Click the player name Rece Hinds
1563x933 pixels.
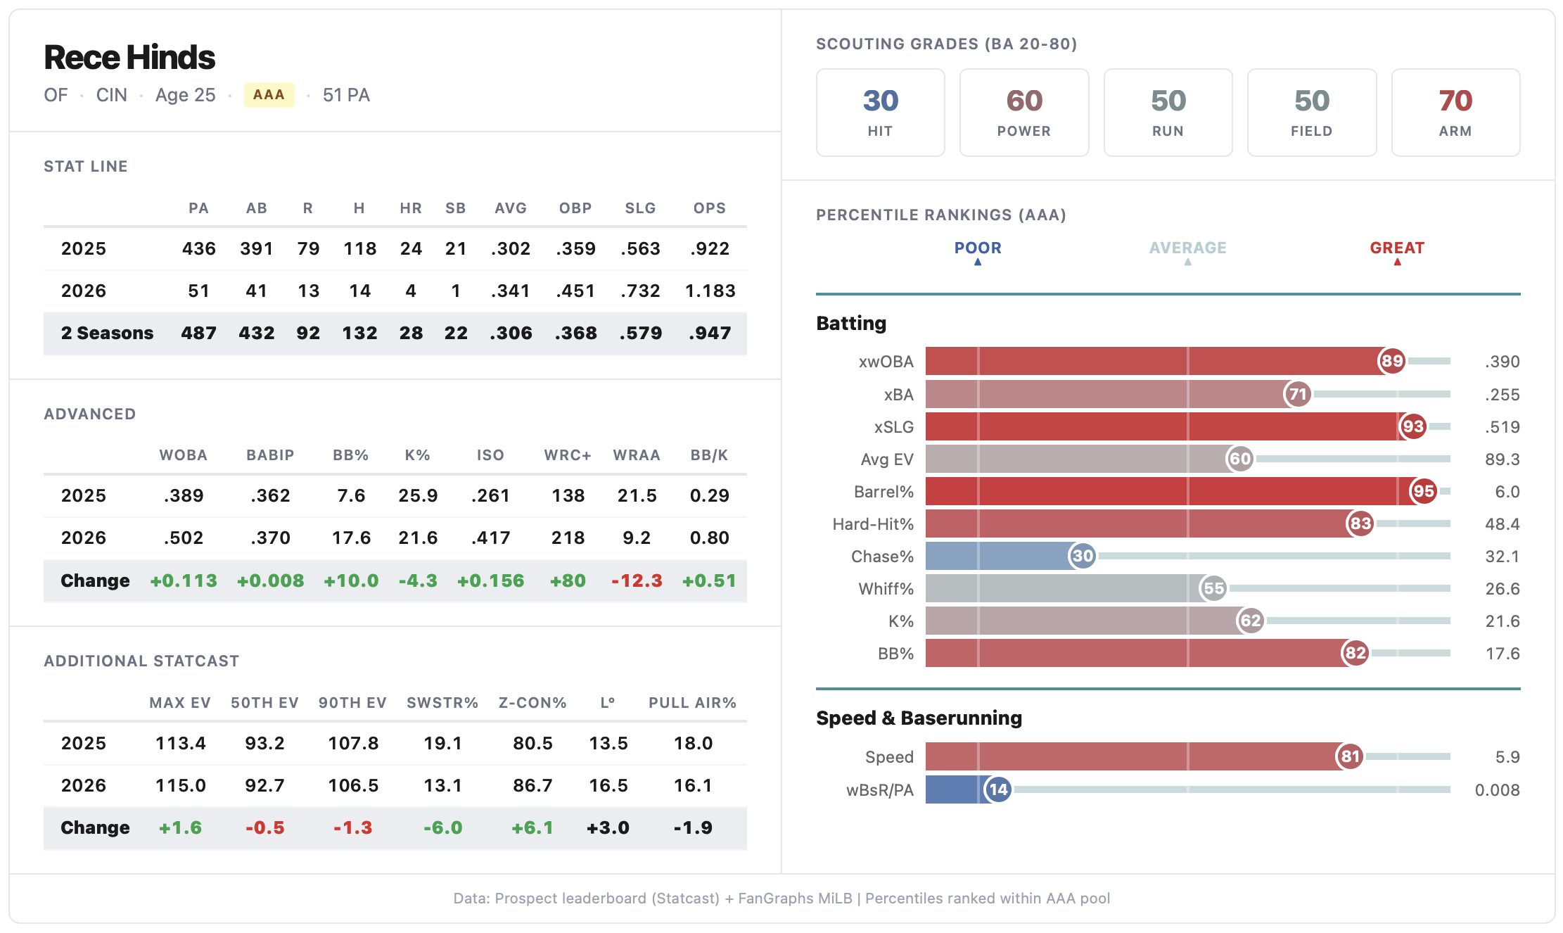click(129, 58)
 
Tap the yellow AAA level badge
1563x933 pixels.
click(269, 95)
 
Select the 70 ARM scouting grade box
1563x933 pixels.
click(1455, 113)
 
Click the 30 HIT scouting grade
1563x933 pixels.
click(880, 113)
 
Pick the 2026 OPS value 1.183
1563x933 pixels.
click(710, 291)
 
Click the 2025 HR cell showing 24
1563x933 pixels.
click(411, 248)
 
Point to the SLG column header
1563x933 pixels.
click(640, 208)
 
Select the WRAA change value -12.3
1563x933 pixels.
click(637, 580)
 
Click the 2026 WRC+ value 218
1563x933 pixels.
click(568, 538)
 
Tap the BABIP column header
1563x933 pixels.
click(270, 455)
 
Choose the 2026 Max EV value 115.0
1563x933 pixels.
click(181, 785)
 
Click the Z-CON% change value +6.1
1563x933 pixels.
click(532, 827)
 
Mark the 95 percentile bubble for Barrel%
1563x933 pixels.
click(1423, 491)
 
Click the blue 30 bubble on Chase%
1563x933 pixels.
click(1083, 556)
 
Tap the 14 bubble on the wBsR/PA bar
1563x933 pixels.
click(998, 789)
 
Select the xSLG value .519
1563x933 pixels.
click(1502, 427)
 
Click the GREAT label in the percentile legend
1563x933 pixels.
click(1397, 248)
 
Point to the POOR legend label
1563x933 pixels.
click(978, 248)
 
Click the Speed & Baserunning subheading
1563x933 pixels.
click(919, 718)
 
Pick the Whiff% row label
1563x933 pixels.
click(886, 589)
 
